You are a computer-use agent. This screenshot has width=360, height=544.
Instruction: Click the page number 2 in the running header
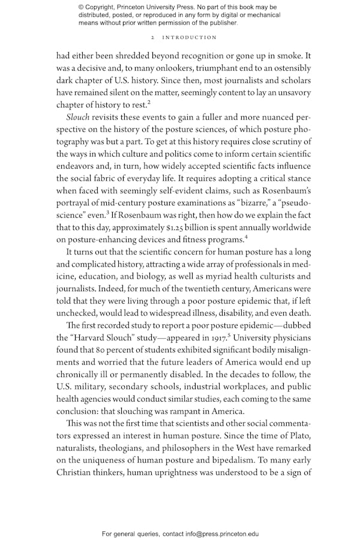(x=153, y=37)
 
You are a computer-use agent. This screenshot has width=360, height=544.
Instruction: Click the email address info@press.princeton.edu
(x=214, y=533)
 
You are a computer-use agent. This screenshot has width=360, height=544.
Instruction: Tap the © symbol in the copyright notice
(x=81, y=7)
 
